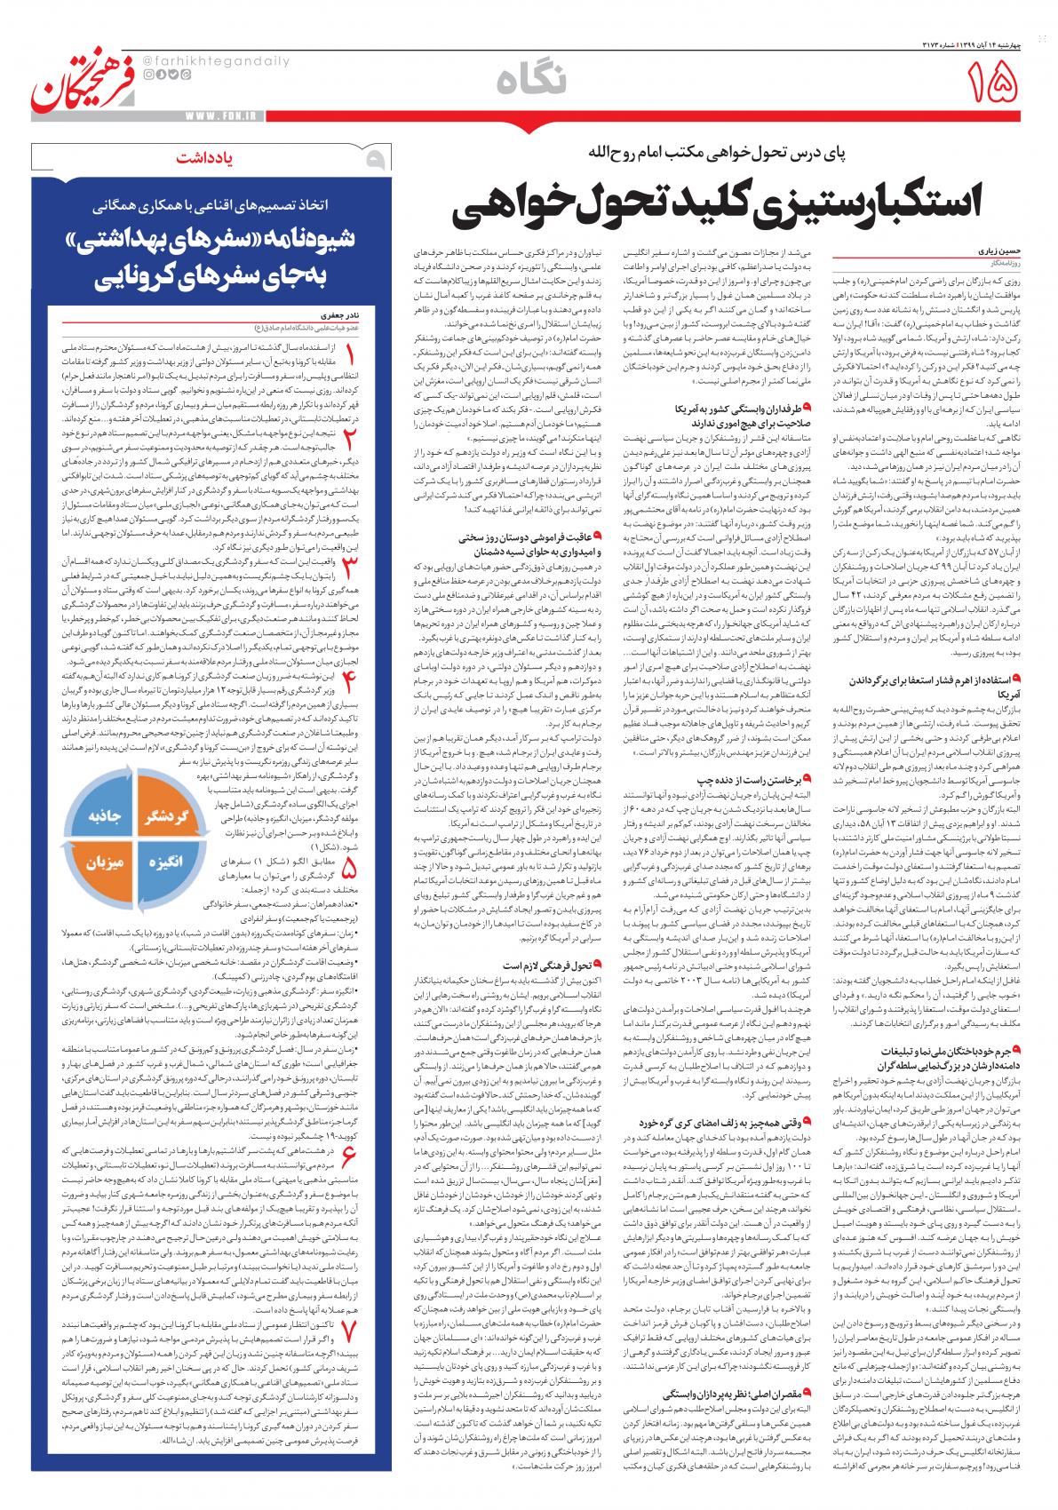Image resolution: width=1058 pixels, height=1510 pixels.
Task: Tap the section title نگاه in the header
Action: [529, 81]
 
